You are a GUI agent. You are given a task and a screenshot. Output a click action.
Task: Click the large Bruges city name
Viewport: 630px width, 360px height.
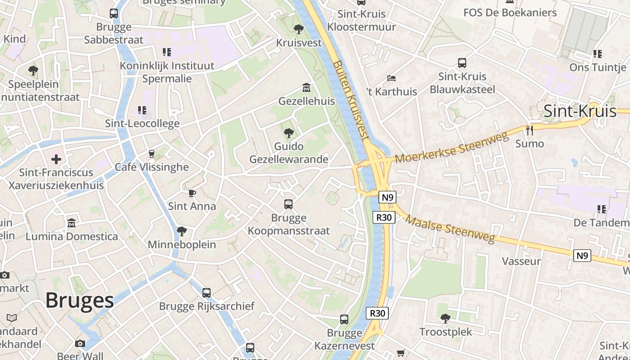tap(80, 300)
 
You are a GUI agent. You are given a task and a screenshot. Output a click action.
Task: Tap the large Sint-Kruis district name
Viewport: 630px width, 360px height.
tap(580, 111)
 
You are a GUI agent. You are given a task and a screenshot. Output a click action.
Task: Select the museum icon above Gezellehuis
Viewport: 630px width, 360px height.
tap(306, 87)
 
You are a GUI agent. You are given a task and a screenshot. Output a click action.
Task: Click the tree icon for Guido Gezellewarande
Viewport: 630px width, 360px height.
tap(288, 133)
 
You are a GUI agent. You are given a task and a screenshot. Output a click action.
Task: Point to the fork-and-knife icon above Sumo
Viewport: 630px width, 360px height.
tap(530, 130)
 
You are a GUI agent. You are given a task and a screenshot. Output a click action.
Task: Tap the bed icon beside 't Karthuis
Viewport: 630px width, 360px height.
tap(391, 78)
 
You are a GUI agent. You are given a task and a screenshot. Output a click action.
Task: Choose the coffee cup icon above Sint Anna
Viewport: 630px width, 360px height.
tap(192, 193)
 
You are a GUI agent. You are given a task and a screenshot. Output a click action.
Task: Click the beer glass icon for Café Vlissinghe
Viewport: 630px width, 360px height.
tap(152, 153)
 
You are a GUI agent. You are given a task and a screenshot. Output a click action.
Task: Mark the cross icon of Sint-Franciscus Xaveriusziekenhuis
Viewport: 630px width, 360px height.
tap(56, 159)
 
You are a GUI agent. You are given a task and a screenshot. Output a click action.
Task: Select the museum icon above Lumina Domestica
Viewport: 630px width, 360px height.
tap(72, 223)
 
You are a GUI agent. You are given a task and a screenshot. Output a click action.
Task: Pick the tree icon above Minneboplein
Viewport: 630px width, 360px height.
tap(182, 231)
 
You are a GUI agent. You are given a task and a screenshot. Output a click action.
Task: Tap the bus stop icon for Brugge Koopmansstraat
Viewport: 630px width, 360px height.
tap(288, 204)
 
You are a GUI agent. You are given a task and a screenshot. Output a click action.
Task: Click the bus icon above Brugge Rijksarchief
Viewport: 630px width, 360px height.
tap(207, 293)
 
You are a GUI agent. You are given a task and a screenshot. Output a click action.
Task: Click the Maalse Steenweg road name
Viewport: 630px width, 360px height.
tap(450, 229)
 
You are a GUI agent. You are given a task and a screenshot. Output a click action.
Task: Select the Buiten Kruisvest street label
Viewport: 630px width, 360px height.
tap(351, 100)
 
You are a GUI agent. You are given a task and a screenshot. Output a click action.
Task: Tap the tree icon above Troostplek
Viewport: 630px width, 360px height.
tap(445, 319)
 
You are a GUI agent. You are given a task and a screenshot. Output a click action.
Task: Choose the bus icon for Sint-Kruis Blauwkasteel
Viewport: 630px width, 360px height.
tap(462, 63)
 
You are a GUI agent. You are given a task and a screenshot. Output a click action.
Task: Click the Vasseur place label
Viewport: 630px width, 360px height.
tap(521, 261)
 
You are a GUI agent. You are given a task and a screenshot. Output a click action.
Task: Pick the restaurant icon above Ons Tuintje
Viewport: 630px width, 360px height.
tap(598, 54)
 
